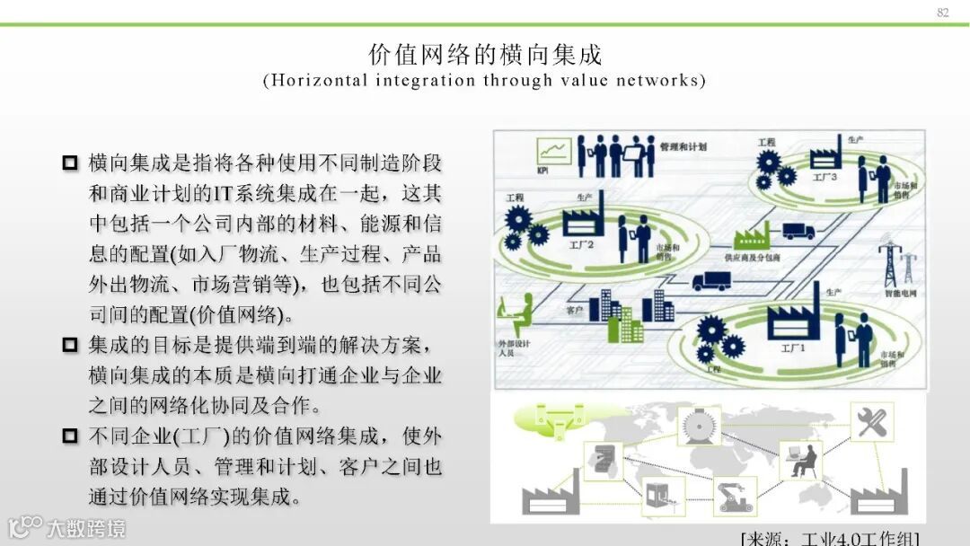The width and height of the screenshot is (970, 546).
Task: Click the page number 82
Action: (942, 12)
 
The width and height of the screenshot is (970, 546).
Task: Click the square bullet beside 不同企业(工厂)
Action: (71, 437)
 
